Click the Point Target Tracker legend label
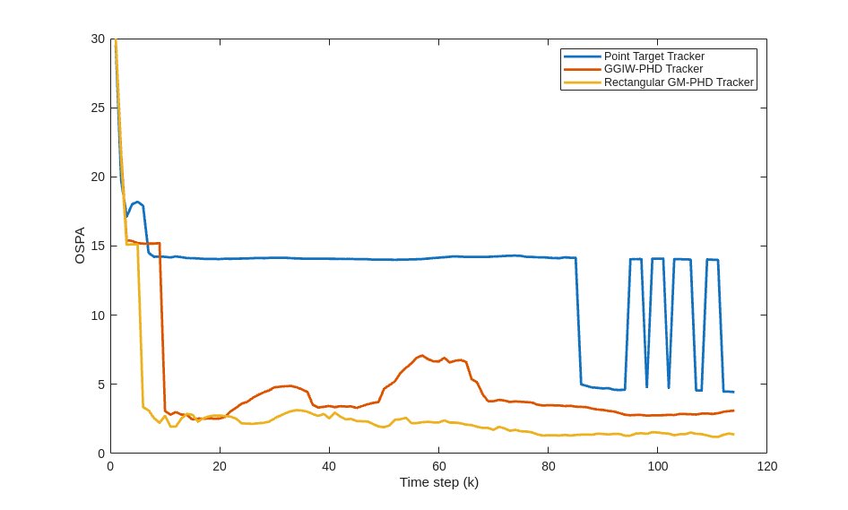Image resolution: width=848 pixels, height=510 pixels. pyautogui.click(x=653, y=56)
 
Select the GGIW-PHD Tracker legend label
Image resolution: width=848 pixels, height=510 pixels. pyautogui.click(x=653, y=69)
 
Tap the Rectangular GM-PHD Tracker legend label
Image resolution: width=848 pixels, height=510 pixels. pyautogui.click(x=679, y=82)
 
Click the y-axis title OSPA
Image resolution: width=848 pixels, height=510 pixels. pyautogui.click(x=80, y=245)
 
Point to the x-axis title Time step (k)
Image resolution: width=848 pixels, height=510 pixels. pyautogui.click(x=438, y=482)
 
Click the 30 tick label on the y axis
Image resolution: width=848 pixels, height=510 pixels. pyautogui.click(x=98, y=39)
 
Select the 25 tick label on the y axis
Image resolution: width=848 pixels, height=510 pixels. pyautogui.click(x=98, y=108)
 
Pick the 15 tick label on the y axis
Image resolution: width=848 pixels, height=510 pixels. pyautogui.click(x=98, y=246)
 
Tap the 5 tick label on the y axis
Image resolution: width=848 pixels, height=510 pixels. pyautogui.click(x=101, y=385)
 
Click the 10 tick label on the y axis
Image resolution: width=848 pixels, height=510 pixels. pyautogui.click(x=98, y=316)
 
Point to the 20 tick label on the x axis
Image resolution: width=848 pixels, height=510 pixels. pyautogui.click(x=220, y=466)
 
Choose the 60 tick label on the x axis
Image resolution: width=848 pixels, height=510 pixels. pyautogui.click(x=438, y=466)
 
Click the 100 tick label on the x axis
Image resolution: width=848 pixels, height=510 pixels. pyautogui.click(x=657, y=466)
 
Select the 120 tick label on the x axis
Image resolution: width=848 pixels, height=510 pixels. pyautogui.click(x=766, y=466)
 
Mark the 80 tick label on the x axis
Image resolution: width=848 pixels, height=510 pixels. pyautogui.click(x=548, y=466)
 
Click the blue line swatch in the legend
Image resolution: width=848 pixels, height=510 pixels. pyautogui.click(x=582, y=56)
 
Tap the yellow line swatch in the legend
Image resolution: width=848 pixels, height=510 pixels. pyautogui.click(x=582, y=82)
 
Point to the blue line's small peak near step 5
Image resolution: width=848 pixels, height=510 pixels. pyautogui.click(x=137, y=203)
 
